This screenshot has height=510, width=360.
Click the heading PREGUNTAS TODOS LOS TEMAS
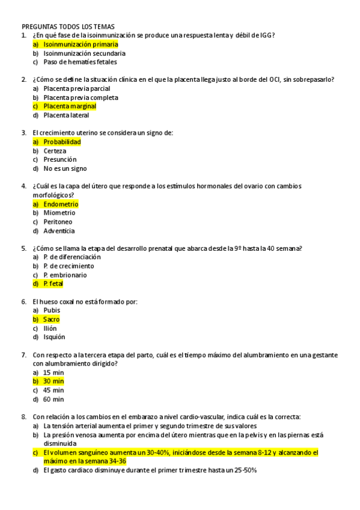[x=68, y=26]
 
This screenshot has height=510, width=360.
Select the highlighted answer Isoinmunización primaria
[x=81, y=45]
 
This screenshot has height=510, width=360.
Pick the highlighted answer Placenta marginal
[x=70, y=106]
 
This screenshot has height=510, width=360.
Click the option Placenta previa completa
[x=81, y=97]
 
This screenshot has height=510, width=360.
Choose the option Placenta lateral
[x=66, y=115]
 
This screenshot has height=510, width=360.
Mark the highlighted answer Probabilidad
[x=62, y=142]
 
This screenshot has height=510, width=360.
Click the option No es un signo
[x=65, y=168]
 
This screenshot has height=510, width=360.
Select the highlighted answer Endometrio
[x=61, y=204]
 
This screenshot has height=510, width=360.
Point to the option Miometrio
[x=59, y=213]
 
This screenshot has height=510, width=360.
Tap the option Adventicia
[x=59, y=231]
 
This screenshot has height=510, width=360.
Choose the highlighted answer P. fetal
[x=53, y=284]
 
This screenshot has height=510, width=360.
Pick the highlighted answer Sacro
[x=52, y=319]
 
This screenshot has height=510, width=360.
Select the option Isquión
[x=54, y=337]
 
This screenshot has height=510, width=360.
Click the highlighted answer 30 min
[x=53, y=381]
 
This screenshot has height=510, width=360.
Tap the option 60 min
[x=53, y=399]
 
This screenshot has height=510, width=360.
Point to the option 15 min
[x=53, y=372]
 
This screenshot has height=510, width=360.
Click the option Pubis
[x=52, y=310]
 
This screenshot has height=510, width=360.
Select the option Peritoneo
[x=60, y=222]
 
